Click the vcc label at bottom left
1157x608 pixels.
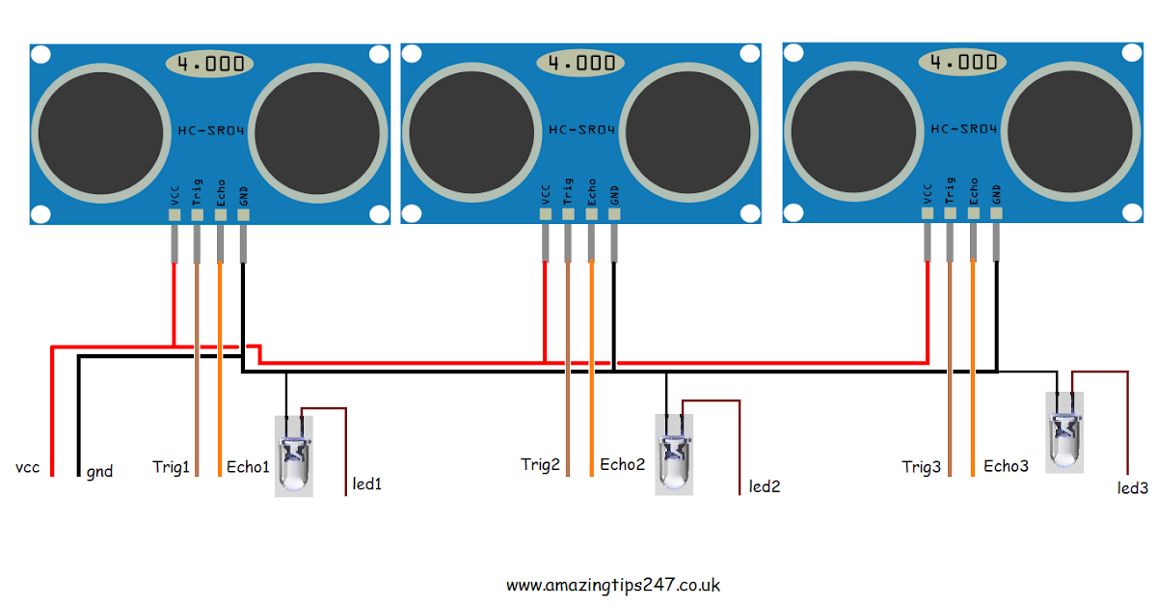coord(27,468)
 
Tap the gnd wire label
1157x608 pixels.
coord(99,472)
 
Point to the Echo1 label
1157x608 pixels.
coord(248,466)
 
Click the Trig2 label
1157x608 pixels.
coord(540,465)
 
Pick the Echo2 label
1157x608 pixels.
coord(622,464)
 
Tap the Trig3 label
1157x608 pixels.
coord(921,467)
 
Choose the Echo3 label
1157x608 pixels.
coord(1006,466)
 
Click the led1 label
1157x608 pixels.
coord(367,484)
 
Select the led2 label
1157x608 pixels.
coord(765,486)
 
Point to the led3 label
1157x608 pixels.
coord(1133,488)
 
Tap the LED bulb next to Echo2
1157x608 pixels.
coord(674,454)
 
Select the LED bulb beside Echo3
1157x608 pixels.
coord(1065,431)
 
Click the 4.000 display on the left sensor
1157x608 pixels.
coord(210,65)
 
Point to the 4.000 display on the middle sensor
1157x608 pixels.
coord(581,64)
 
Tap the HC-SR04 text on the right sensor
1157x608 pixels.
coord(963,129)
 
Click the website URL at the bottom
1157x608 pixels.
coord(613,585)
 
